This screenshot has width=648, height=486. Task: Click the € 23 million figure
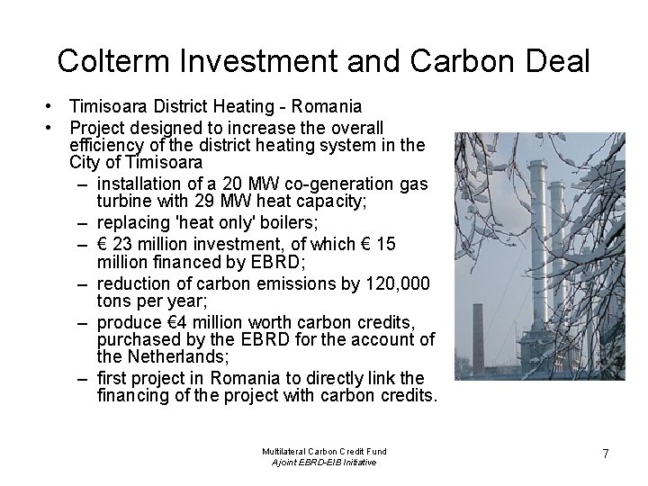tap(142, 245)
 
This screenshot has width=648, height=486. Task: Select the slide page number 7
tap(606, 454)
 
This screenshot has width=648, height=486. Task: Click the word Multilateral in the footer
tap(283, 450)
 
